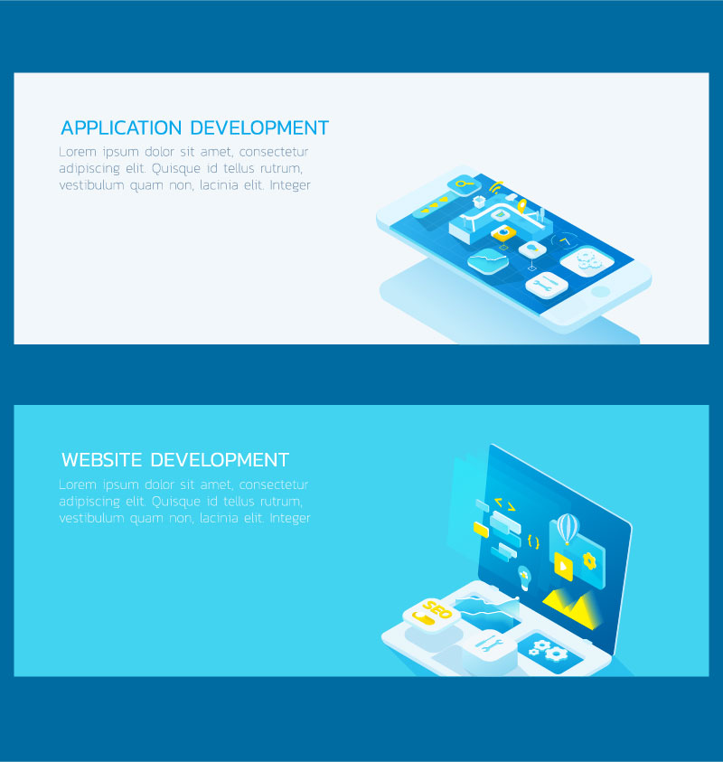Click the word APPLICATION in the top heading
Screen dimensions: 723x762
(121, 127)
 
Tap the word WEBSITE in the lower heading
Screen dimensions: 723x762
(101, 460)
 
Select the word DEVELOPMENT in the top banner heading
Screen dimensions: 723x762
(259, 127)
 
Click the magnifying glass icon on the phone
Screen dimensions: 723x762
(464, 184)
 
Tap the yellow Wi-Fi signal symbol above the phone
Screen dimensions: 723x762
(495, 187)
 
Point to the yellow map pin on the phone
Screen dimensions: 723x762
(521, 206)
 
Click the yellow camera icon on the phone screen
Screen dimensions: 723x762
(503, 233)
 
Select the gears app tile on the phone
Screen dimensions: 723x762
(587, 261)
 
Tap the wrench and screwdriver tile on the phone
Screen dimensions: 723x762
(547, 285)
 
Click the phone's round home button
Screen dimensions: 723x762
(601, 291)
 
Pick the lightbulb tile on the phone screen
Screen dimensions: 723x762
(532, 249)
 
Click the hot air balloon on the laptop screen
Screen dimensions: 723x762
(567, 529)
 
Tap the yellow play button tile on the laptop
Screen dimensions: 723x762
(564, 566)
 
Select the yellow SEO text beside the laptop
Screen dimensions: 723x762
(437, 610)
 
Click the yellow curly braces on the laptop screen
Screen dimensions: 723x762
(533, 541)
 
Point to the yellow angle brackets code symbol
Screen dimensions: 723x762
(505, 504)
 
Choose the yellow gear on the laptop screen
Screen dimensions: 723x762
(589, 561)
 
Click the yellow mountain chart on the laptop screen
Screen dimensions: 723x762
(572, 607)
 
